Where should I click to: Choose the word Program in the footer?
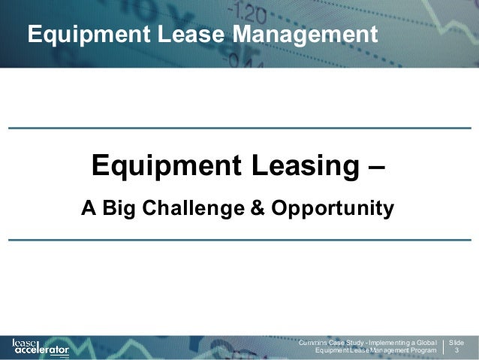tap(422, 351)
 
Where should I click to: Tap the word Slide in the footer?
tap(456, 342)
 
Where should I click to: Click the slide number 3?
tap(456, 351)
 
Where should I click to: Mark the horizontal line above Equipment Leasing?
tap(239, 128)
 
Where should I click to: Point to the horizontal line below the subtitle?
tap(239, 240)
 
